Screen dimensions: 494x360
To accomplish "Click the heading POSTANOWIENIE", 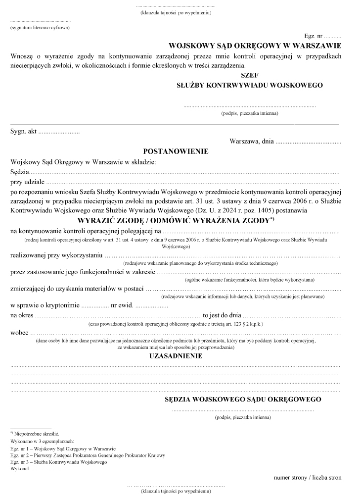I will pyautogui.click(x=176, y=151).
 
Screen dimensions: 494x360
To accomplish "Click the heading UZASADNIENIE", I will pyautogui.click(x=176, y=356).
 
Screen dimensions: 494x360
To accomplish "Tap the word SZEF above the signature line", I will pyautogui.click(x=249, y=75).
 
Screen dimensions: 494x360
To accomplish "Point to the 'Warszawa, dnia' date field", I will pyautogui.click(x=285, y=142).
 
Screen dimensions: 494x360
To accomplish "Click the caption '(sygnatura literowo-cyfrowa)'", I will pyautogui.click(x=40, y=28).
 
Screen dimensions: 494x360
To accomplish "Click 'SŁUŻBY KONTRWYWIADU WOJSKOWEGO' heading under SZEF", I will pyautogui.click(x=250, y=85).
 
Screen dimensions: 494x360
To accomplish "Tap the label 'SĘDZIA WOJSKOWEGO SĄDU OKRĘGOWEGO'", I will pyautogui.click(x=243, y=399).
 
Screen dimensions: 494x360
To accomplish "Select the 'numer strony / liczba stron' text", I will pyautogui.click(x=308, y=478).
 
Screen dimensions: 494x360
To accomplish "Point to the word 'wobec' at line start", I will pyautogui.click(x=19, y=333).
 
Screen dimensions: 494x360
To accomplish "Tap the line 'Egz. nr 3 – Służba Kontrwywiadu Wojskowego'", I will pyautogui.click(x=58, y=461).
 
